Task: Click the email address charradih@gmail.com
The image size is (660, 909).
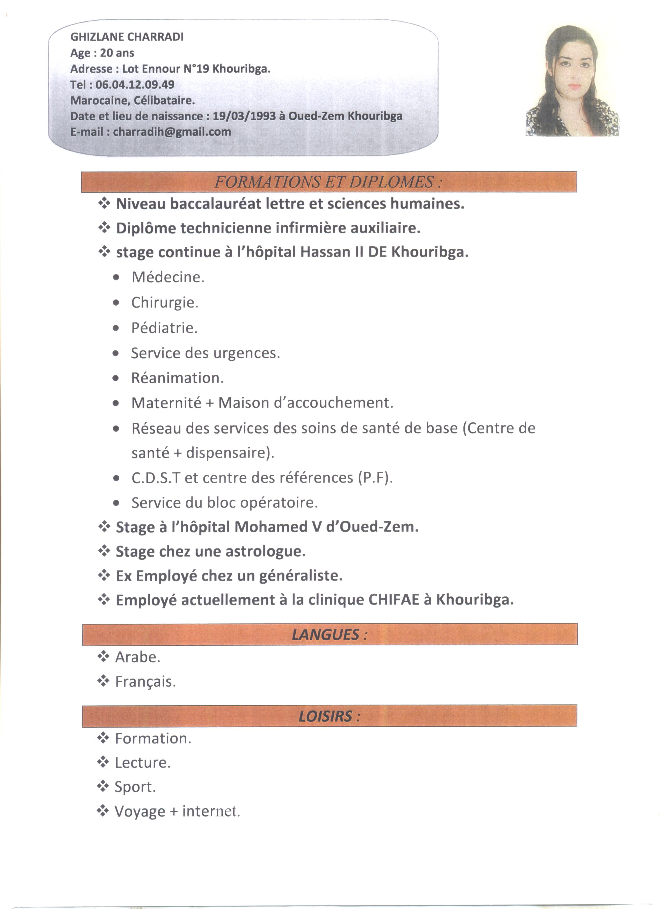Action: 172,132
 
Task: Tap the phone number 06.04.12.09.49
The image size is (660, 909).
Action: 135,85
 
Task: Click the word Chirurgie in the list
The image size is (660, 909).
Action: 164,302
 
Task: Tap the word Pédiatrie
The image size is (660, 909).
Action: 164,328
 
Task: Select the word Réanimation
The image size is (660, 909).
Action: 177,378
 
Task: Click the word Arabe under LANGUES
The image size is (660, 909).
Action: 137,657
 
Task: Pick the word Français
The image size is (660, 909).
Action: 145,682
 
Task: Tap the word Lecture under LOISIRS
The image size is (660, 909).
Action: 142,763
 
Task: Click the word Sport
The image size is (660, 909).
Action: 135,787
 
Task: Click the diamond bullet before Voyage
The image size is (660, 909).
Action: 103,811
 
